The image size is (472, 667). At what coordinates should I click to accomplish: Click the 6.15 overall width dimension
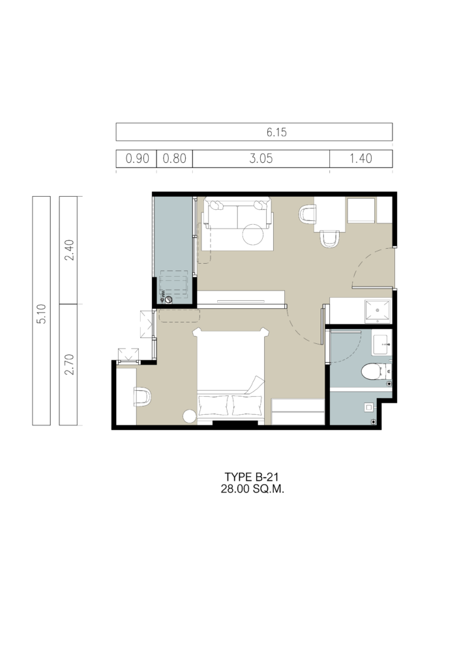[x=276, y=132]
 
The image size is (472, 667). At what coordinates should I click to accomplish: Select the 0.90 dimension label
[x=137, y=159]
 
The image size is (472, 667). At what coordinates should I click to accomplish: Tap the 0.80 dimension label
[x=175, y=159]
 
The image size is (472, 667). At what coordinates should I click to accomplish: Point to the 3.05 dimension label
[x=261, y=159]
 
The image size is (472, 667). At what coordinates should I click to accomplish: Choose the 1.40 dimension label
[x=361, y=159]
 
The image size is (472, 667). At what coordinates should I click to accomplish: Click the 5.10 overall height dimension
[x=41, y=314]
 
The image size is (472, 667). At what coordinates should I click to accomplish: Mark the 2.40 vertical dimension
[x=69, y=250]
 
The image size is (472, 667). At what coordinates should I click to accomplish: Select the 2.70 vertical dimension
[x=69, y=365]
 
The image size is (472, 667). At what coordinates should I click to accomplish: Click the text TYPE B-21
[x=252, y=477]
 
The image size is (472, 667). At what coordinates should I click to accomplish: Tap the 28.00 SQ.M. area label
[x=252, y=489]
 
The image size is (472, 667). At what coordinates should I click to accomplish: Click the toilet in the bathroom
[x=374, y=371]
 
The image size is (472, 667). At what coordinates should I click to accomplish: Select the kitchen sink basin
[x=377, y=311]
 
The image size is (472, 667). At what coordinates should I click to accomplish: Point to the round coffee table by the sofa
[x=253, y=234]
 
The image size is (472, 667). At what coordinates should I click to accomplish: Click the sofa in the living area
[x=237, y=214]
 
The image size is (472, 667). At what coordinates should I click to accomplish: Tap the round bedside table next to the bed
[x=190, y=416]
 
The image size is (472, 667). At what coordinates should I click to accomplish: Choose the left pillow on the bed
[x=214, y=405]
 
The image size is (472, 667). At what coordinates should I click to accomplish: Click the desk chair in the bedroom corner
[x=143, y=397]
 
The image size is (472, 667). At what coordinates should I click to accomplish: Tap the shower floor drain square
[x=368, y=407]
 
